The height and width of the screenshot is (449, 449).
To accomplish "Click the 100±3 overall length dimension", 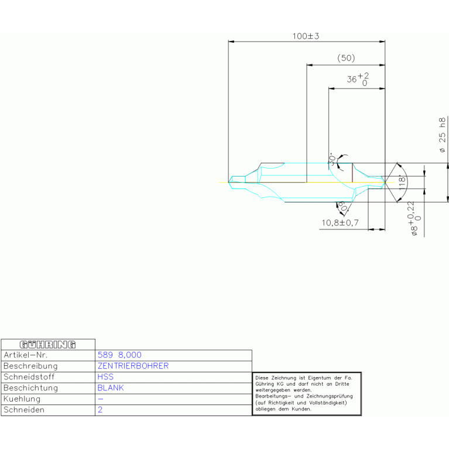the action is [x=306, y=36].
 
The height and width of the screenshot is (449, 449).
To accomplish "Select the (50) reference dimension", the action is [x=346, y=58].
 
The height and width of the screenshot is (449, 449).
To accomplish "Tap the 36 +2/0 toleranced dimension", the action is [x=358, y=79].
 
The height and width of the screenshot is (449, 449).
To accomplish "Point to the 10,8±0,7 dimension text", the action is [x=340, y=223].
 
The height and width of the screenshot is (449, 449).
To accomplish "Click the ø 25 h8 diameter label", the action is [x=443, y=135].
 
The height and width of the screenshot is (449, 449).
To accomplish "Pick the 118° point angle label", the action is [x=402, y=182].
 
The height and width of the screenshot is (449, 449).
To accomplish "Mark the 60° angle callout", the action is [x=343, y=206].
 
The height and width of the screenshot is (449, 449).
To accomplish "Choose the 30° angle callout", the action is [x=332, y=159].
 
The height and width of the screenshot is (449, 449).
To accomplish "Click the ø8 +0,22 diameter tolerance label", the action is [x=414, y=218].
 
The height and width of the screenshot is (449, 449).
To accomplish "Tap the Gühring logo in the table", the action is [x=47, y=344].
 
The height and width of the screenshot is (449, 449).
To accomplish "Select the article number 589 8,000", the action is [x=119, y=355].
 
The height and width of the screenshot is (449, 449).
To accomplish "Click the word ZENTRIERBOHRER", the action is [x=133, y=366].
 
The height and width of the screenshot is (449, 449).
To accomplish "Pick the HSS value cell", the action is [x=105, y=377].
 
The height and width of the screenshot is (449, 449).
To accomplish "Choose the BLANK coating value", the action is [x=111, y=388].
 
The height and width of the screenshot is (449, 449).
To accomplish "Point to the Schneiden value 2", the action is [x=100, y=410].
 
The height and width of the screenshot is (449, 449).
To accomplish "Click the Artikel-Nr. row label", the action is [x=26, y=355].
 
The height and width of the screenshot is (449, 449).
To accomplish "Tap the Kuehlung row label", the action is [x=22, y=399].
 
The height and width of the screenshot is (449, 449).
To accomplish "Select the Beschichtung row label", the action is [x=30, y=388].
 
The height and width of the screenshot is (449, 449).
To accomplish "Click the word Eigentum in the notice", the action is [x=319, y=378].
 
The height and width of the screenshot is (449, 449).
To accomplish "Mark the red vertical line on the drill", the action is [x=352, y=173].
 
